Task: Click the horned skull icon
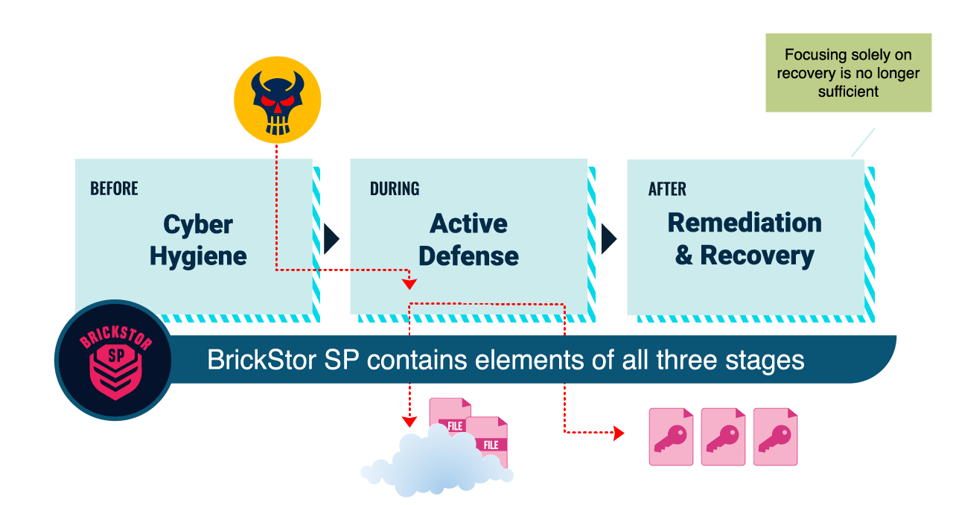click(277, 100)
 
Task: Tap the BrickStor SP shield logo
click(115, 361)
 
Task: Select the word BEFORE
click(114, 188)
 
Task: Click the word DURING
click(395, 188)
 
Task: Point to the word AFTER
click(667, 189)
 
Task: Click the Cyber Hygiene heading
click(198, 240)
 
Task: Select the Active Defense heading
click(469, 239)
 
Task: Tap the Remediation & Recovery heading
click(745, 238)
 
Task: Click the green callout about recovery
click(848, 73)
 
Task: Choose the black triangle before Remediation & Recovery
click(608, 238)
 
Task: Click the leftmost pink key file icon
click(671, 436)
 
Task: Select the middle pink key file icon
click(723, 436)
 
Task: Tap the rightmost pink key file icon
click(775, 436)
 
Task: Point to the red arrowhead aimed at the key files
click(618, 433)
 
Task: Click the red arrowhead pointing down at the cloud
click(409, 420)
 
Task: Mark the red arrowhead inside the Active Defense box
click(409, 284)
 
